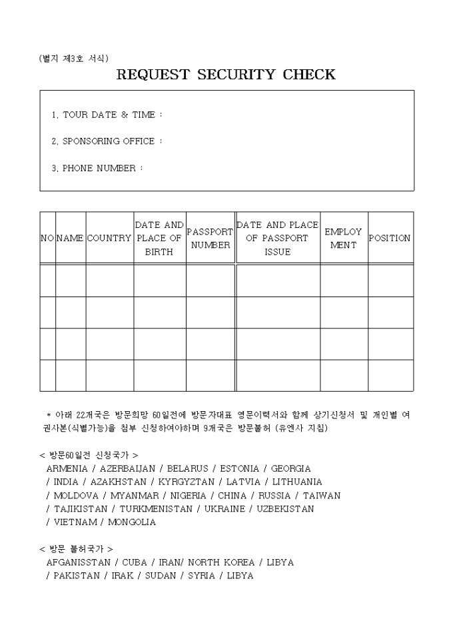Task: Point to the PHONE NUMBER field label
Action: (99, 168)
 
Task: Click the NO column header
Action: (47, 239)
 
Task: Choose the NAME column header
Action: (71, 239)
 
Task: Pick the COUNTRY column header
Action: (109, 239)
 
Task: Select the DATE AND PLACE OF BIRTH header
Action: (159, 239)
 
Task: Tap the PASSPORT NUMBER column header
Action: (211, 239)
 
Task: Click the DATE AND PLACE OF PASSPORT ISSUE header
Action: (278, 239)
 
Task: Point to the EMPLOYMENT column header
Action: (344, 239)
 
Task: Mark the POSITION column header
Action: (390, 239)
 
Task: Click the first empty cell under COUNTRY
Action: (109, 281)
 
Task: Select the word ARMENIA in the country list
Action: (67, 468)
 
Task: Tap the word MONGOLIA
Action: (132, 522)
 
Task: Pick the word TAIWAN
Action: (322, 495)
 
